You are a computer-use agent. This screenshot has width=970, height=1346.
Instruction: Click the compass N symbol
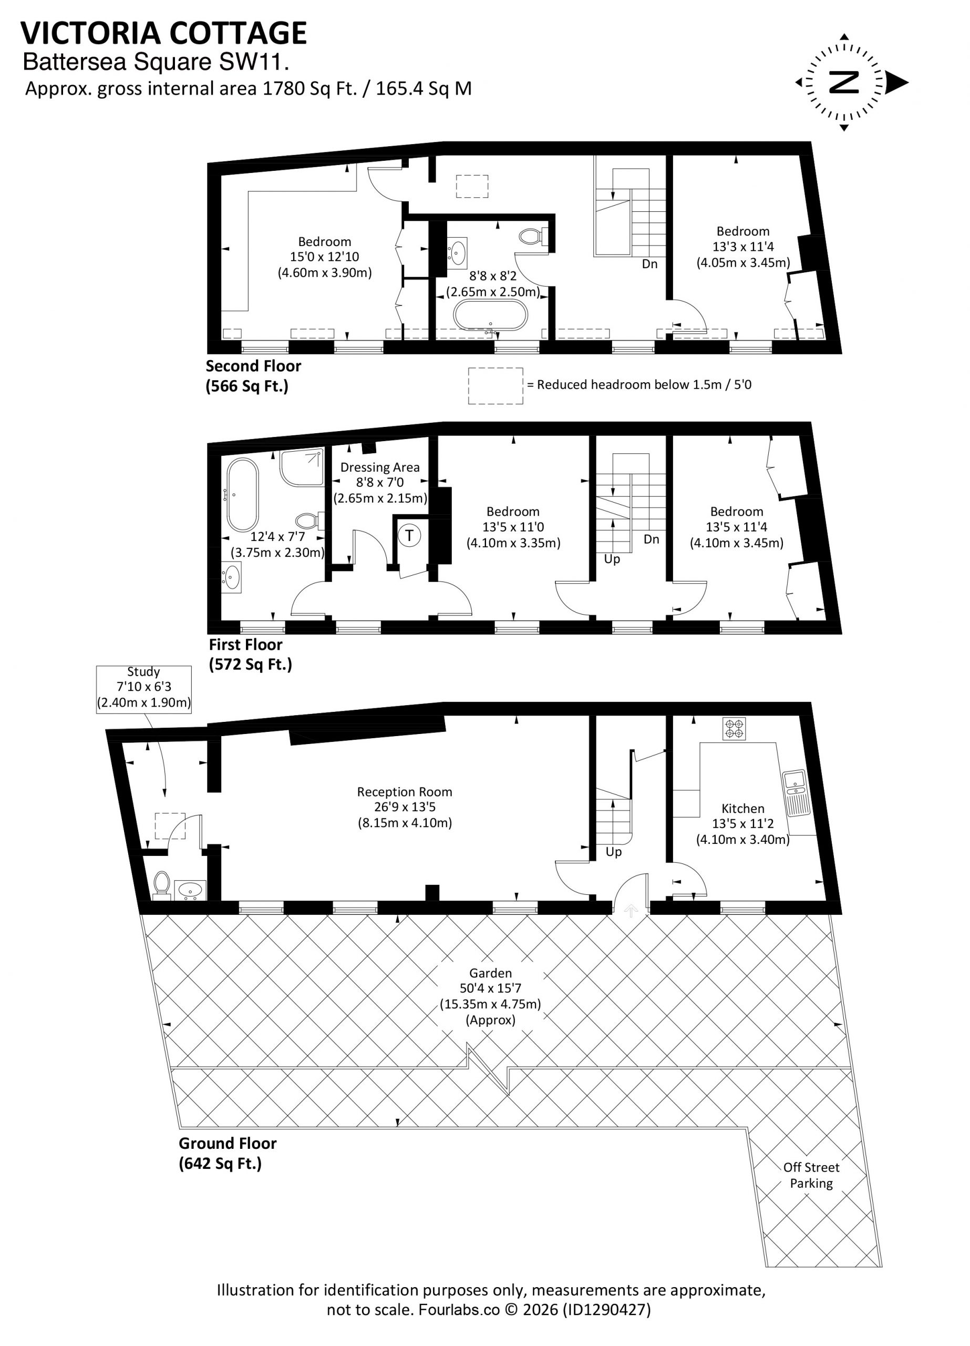tap(844, 83)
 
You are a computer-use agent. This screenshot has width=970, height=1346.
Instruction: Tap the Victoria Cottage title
tap(164, 33)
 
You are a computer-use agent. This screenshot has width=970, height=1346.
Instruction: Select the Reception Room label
tap(405, 792)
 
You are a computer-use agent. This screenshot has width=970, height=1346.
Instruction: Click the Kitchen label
tap(743, 808)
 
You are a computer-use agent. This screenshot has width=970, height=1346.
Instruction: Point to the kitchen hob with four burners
tap(735, 729)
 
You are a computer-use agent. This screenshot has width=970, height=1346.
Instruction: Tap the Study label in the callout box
tap(143, 671)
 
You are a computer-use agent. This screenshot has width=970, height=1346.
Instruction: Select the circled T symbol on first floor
tap(409, 535)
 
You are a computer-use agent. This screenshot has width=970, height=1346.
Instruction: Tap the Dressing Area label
tap(380, 467)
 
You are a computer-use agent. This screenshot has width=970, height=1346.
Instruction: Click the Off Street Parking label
tap(811, 1175)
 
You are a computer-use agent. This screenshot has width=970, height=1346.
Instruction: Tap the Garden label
tap(490, 973)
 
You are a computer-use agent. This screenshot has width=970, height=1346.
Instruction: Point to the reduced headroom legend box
tap(496, 386)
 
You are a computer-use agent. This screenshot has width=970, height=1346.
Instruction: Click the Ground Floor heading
tap(228, 1143)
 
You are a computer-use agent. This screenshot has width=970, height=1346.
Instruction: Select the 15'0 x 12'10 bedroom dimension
tap(325, 257)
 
